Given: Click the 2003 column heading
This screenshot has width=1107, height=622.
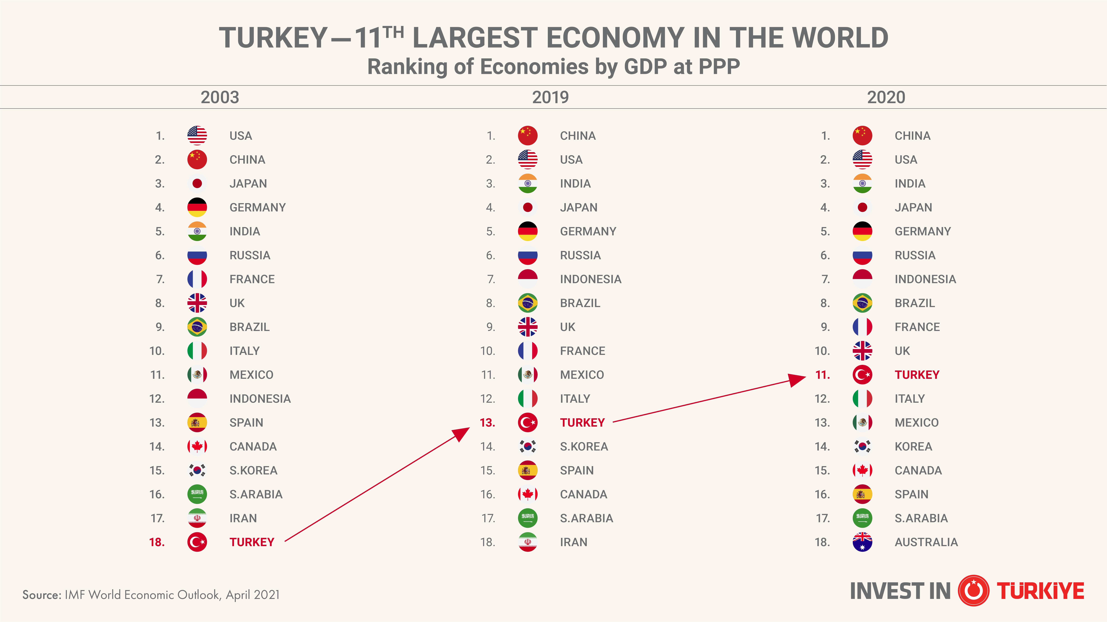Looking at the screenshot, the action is [x=220, y=97].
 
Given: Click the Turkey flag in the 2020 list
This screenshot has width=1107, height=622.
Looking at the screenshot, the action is [x=862, y=375].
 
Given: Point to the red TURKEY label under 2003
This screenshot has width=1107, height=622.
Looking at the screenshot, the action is [x=252, y=542].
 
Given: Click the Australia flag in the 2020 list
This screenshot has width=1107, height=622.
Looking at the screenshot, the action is [x=862, y=542].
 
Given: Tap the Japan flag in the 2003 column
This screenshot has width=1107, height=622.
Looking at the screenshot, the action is [x=197, y=184].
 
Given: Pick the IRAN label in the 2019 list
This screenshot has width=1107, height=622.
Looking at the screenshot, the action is [x=573, y=542].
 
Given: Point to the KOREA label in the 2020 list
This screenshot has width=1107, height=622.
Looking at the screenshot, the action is [x=913, y=446].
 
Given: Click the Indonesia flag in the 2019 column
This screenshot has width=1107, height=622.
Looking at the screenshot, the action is [x=528, y=279].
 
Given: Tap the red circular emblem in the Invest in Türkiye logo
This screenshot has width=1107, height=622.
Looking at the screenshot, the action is [x=973, y=591].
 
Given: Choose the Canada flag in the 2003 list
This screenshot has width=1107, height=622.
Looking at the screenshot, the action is [x=197, y=446].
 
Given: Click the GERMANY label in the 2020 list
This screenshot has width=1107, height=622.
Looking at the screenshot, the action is [x=923, y=231].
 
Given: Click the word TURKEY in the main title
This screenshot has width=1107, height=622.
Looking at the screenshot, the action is [x=273, y=38].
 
